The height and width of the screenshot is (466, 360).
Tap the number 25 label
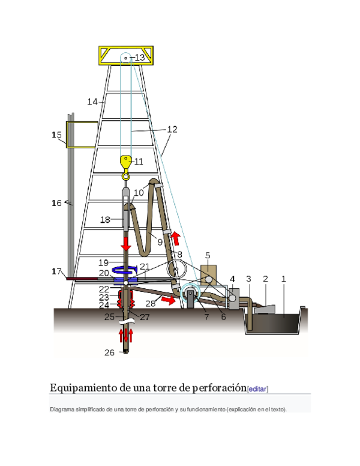point(109,317)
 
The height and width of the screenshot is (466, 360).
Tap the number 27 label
point(145,317)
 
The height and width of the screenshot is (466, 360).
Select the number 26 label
point(109,353)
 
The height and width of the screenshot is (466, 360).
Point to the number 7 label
point(206,317)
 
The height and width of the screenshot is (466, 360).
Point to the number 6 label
point(223,317)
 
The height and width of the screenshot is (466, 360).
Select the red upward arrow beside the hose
point(176,238)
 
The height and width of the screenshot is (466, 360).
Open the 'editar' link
point(258,389)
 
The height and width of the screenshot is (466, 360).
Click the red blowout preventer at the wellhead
point(126,297)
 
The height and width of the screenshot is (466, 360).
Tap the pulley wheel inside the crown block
point(126,58)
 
